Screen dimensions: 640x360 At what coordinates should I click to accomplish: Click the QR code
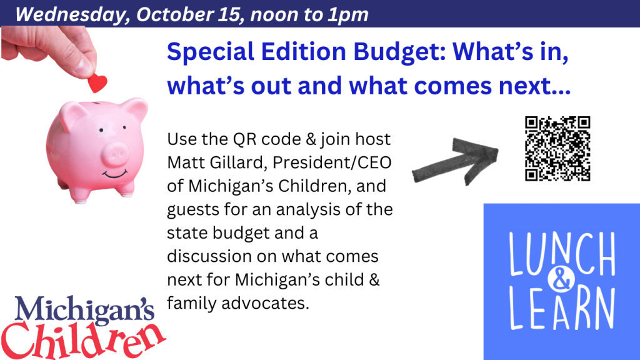tap(557, 149)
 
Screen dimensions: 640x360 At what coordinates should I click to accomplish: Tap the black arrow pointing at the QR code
tap(455, 161)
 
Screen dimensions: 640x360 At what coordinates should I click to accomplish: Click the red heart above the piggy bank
tap(97, 83)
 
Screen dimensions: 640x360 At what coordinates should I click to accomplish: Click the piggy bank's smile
tap(115, 174)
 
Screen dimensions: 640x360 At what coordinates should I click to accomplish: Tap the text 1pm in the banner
tap(348, 15)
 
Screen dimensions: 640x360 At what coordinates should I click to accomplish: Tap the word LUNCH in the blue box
tap(562, 255)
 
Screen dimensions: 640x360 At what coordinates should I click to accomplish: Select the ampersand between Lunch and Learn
tap(561, 280)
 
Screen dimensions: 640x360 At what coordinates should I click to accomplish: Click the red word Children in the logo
tap(84, 339)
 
